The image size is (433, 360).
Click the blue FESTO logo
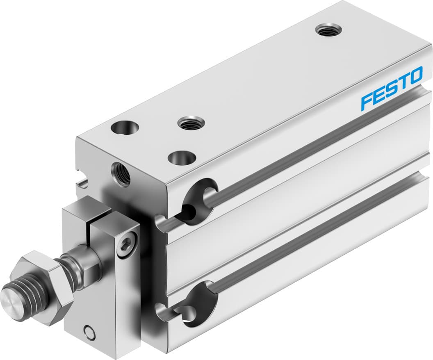[x=391, y=89]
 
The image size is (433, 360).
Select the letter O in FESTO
[x=415, y=76]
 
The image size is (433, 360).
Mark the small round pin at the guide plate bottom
[x=87, y=331]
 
